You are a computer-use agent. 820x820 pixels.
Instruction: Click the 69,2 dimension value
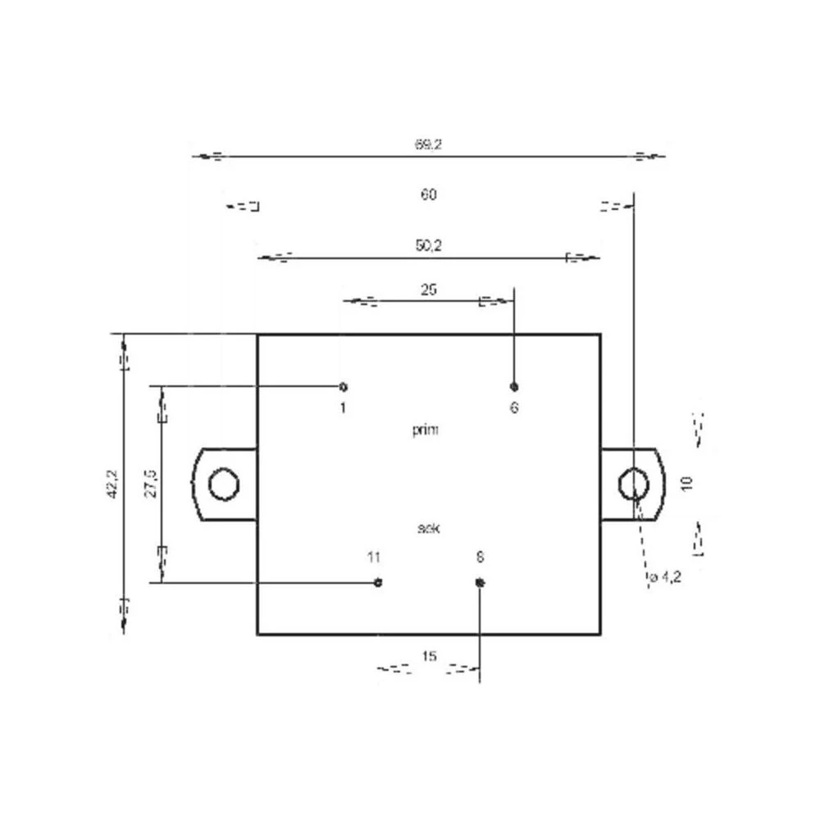pos(428,144)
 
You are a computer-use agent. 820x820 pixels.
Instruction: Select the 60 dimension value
pos(428,195)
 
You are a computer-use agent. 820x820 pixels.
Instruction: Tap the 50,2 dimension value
pos(428,245)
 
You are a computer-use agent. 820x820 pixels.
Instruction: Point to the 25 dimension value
pos(428,289)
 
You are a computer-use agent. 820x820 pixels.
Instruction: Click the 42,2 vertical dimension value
pos(112,484)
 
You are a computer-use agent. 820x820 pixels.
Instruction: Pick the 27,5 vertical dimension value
pos(150,484)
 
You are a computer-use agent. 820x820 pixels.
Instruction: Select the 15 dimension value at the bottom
pos(428,656)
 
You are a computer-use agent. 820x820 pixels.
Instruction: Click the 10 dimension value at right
pos(687,483)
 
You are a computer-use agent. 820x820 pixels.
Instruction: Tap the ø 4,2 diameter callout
pos(665,578)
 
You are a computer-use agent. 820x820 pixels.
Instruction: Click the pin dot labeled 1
pos(344,386)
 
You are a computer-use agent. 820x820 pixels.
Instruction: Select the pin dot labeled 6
pos(514,386)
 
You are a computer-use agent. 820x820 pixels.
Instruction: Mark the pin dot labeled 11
pos(378,582)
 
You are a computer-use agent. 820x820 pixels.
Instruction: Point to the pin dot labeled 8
pos(481,582)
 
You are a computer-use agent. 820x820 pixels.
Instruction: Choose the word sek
pos(428,529)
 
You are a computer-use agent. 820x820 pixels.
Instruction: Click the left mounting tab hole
pos(222,484)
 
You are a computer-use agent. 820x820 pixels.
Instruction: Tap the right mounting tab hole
pos(633,484)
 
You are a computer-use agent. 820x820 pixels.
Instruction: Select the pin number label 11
pos(374,558)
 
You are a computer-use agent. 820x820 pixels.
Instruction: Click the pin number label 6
pos(514,408)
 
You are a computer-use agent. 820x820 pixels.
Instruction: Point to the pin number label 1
pos(343,408)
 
